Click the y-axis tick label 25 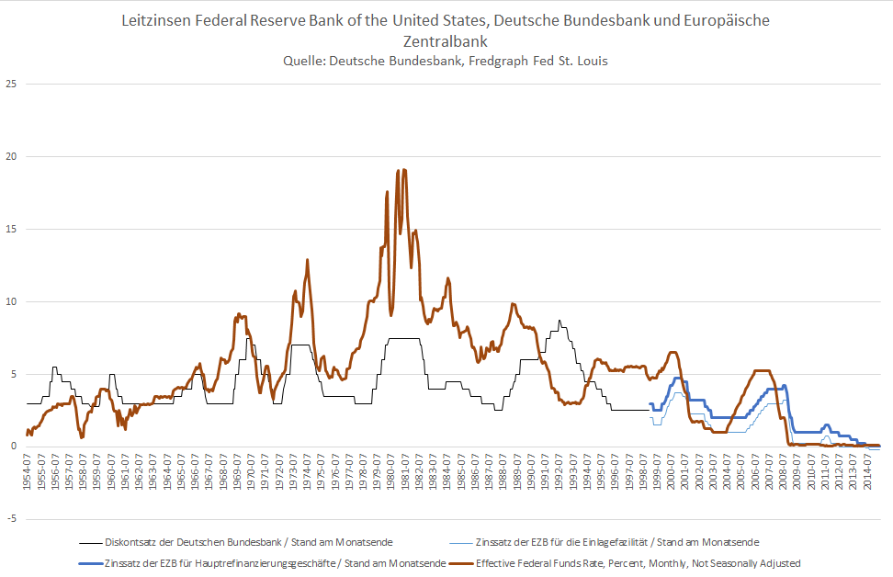point(12,84)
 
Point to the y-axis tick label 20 point(12,156)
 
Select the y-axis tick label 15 point(12,229)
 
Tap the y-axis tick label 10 point(12,301)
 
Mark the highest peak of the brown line point(398,170)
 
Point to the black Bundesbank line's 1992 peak point(559,321)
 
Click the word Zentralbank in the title point(446,41)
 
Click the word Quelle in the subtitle point(303,62)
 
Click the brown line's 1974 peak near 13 point(307,260)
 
